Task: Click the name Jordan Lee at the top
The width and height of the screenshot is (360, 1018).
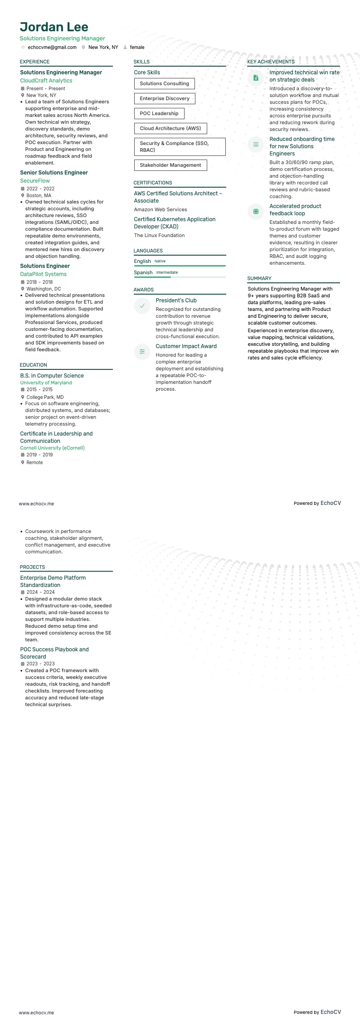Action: (x=54, y=27)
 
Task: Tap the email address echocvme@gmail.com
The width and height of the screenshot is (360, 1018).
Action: (x=52, y=47)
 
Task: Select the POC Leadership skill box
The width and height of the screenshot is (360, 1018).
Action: (x=159, y=113)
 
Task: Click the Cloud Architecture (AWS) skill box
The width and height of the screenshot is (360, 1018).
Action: (x=170, y=128)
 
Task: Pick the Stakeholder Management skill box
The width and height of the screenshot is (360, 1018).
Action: (x=170, y=165)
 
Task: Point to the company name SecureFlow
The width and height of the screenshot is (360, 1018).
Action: (x=35, y=181)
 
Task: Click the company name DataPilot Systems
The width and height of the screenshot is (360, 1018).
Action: (x=43, y=274)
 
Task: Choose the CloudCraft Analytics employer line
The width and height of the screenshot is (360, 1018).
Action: (x=46, y=81)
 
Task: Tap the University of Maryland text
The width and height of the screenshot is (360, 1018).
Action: (x=46, y=383)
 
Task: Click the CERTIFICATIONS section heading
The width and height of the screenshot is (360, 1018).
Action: (x=153, y=183)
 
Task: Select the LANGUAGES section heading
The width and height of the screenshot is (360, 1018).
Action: (x=148, y=251)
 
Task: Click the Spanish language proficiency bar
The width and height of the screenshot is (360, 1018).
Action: (x=180, y=277)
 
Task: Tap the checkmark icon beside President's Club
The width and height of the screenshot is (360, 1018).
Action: (x=142, y=306)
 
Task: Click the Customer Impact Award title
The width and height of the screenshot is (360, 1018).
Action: (x=186, y=346)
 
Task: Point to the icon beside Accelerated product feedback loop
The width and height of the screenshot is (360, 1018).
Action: (x=256, y=212)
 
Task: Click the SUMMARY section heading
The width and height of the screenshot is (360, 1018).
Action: (x=259, y=278)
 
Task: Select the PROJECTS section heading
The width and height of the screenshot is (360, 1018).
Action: (x=32, y=567)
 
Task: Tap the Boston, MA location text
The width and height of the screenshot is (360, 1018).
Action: (x=39, y=195)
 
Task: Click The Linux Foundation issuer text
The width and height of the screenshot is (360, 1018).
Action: (x=159, y=235)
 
